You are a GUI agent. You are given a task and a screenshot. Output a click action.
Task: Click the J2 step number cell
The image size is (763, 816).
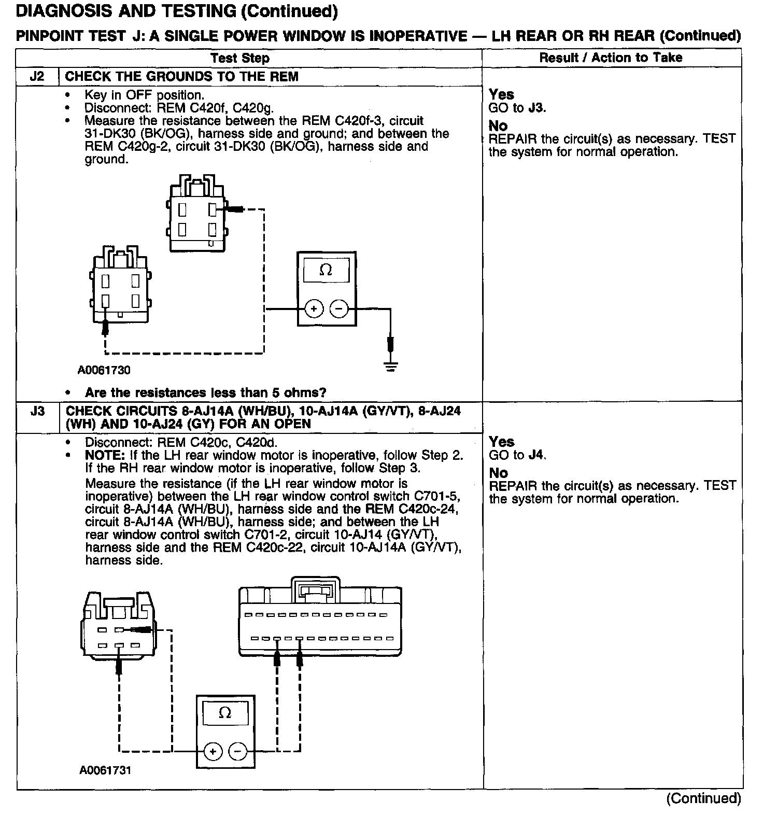click(x=37, y=77)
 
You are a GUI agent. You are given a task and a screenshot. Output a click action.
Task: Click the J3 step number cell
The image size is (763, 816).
click(x=37, y=412)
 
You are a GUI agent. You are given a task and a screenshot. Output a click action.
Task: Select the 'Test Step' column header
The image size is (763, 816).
click(x=240, y=58)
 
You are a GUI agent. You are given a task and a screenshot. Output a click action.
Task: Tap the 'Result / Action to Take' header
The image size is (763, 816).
click(x=611, y=58)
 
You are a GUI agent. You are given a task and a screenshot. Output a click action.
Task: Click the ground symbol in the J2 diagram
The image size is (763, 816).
click(x=391, y=367)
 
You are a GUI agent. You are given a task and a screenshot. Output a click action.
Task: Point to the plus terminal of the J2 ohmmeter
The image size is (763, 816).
click(x=313, y=309)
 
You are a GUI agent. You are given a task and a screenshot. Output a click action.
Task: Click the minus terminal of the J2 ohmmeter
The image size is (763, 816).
click(x=339, y=309)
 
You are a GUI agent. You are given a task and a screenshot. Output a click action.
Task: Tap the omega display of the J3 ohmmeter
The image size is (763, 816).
click(x=225, y=713)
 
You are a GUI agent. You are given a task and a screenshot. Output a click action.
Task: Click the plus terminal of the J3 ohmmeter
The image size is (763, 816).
click(x=213, y=751)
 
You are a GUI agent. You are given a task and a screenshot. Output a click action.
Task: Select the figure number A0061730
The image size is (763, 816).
click(x=105, y=370)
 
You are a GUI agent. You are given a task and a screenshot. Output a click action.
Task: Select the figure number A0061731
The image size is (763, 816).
click(x=105, y=770)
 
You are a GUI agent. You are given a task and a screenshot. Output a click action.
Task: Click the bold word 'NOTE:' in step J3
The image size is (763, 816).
click(x=104, y=456)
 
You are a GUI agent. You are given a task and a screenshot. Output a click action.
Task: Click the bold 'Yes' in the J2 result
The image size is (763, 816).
click(x=501, y=94)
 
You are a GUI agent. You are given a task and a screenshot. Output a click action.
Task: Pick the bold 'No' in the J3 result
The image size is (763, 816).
click(x=498, y=473)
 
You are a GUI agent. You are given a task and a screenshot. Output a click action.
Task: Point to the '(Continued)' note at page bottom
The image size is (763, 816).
click(x=704, y=798)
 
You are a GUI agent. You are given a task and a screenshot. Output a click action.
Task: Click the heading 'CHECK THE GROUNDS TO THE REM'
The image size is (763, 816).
click(x=181, y=77)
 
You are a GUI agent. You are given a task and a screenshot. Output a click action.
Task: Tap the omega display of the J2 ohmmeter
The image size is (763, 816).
click(x=326, y=270)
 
